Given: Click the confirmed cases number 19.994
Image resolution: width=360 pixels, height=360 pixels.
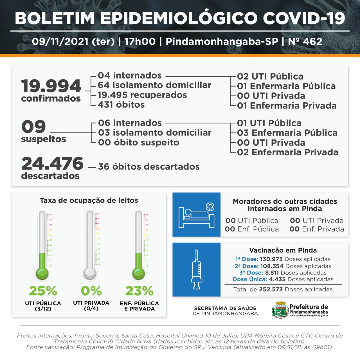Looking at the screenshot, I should pos(51,86).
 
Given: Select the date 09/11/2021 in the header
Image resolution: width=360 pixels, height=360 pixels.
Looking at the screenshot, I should pos(60,42).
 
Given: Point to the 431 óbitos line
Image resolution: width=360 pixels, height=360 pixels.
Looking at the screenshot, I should pos(121,105).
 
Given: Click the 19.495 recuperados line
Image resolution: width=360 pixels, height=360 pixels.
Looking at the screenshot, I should pos(142,95).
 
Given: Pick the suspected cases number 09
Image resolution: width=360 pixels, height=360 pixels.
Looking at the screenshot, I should pos(33,127).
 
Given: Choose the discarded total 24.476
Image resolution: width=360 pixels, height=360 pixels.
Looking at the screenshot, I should pos(52,163).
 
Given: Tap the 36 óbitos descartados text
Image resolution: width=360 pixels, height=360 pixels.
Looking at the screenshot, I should pos(149,166).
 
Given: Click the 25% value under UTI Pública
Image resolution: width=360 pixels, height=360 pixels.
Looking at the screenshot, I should pos(43,291).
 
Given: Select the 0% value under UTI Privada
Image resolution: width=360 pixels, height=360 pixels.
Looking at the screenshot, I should pos(91,291).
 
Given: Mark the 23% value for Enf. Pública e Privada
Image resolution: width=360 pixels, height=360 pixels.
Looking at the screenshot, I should pos(139,291).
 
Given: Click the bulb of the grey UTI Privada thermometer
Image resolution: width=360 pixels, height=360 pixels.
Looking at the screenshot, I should pos(90,273).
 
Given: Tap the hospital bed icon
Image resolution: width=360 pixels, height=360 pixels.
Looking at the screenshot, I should pos(197,215).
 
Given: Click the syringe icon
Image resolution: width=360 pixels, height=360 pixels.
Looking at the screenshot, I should pos(197,269).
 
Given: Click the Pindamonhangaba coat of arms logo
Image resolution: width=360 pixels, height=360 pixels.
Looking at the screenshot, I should pos(280,310).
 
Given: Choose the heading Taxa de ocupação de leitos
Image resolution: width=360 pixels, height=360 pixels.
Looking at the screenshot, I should pos(89,201).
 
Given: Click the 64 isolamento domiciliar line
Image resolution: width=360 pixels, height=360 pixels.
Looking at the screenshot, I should pos(154,85).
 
